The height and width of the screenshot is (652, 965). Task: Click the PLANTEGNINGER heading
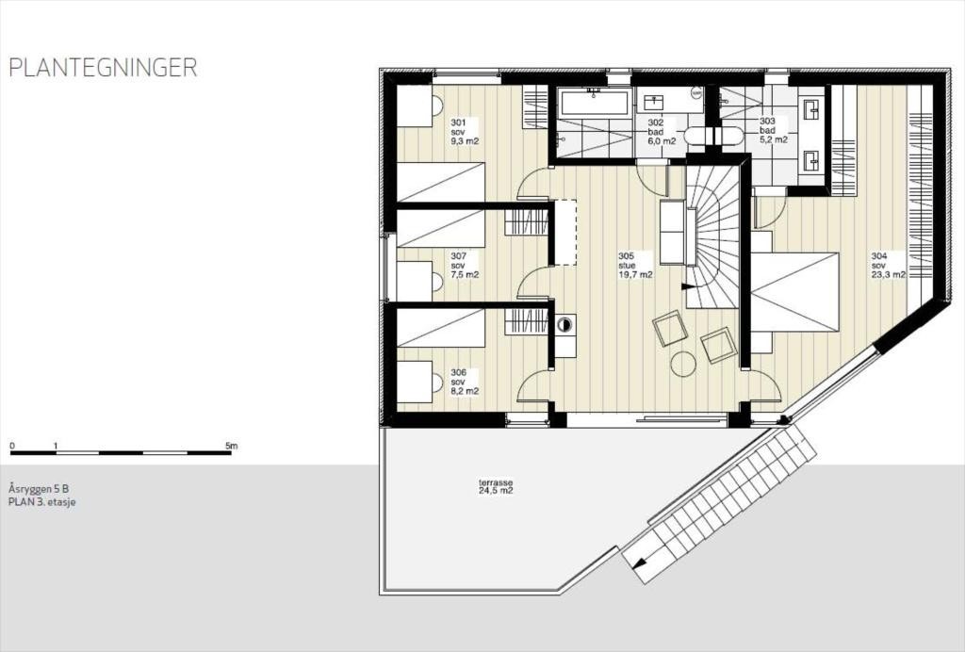pyautogui.click(x=103, y=69)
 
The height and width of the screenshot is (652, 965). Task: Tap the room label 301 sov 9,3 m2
pyautogui.click(x=465, y=132)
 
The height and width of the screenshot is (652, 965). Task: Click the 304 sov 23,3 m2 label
pyautogui.click(x=888, y=266)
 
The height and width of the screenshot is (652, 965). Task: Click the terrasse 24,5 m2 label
pyautogui.click(x=495, y=486)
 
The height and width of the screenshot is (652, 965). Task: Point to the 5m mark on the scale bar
pyautogui.click(x=232, y=445)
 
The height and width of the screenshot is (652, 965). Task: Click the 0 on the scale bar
pyautogui.click(x=12, y=445)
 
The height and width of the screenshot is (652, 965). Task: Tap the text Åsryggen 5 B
pyautogui.click(x=38, y=489)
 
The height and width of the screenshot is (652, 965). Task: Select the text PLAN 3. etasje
pyautogui.click(x=41, y=502)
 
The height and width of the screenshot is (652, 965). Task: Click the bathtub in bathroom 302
pyautogui.click(x=594, y=103)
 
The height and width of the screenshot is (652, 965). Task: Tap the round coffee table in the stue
pyautogui.click(x=682, y=363)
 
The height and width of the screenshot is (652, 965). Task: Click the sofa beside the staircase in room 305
pyautogui.click(x=671, y=233)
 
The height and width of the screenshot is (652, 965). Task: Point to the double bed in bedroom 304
pyautogui.click(x=793, y=291)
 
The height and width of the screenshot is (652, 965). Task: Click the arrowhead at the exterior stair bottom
pyautogui.click(x=640, y=563)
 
